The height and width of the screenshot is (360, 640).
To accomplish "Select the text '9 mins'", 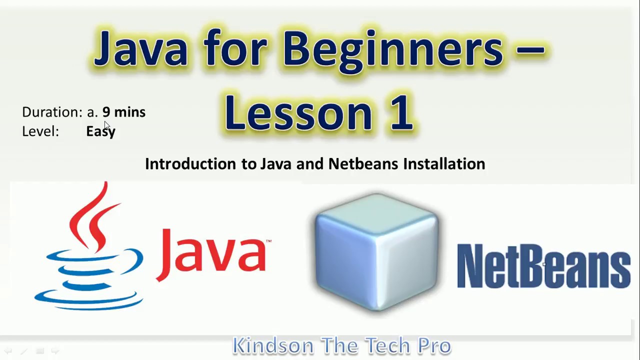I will pos(124,112).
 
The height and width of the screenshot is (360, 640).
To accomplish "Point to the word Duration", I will pos(51,112).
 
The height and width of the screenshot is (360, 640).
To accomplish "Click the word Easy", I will pos(100,131).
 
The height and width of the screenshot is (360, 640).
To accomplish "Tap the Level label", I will pos(40,131).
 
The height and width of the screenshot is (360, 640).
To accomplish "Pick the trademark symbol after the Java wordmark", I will pos(269,242).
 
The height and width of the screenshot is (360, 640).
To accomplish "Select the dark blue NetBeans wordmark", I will pos(543,266).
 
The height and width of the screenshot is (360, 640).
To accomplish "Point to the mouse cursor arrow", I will pos(107,125).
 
